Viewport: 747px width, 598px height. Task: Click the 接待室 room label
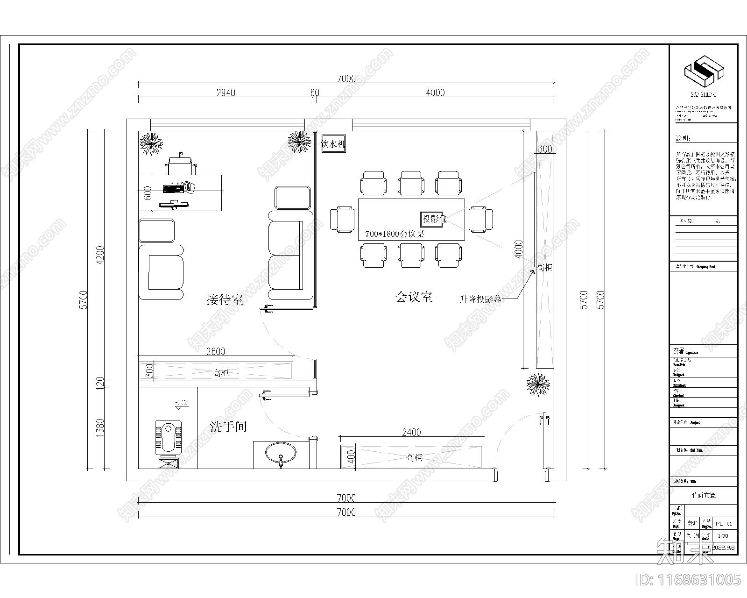click(x=226, y=299)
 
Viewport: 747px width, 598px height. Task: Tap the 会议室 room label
click(x=414, y=297)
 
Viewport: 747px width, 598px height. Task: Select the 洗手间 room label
click(x=228, y=427)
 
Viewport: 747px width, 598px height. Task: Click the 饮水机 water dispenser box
click(x=333, y=144)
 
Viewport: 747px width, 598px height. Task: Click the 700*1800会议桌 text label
click(x=395, y=235)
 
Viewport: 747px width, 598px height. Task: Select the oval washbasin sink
click(x=281, y=452)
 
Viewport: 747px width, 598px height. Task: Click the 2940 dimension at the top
click(x=226, y=93)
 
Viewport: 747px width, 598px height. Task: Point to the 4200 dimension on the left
click(x=99, y=255)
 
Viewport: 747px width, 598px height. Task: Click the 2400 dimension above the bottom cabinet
click(x=411, y=432)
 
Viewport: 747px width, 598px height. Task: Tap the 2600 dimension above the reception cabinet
click(x=216, y=351)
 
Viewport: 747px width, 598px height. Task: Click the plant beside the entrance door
click(x=538, y=384)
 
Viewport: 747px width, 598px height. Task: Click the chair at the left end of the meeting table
click(x=343, y=219)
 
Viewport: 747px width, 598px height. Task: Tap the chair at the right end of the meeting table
click(x=481, y=219)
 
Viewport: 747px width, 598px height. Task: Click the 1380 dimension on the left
click(x=99, y=427)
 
